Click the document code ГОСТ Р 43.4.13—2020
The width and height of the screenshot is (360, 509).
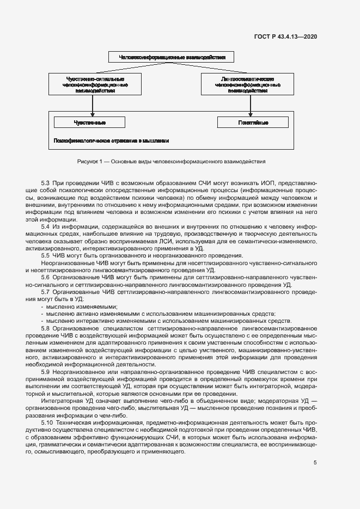click(285, 36)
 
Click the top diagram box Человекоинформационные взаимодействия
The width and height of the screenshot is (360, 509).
click(171, 56)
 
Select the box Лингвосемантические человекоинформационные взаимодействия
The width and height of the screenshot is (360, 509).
click(248, 85)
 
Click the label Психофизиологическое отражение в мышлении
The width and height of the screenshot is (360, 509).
click(111, 140)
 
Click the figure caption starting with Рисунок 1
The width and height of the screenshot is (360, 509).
click(172, 162)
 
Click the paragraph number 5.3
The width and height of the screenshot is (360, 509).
click(46, 183)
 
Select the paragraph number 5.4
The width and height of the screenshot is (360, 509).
click(46, 226)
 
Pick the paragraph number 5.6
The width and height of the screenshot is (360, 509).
click(46, 277)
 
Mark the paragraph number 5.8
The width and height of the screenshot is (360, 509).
click(46, 328)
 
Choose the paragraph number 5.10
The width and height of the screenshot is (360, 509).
click(47, 422)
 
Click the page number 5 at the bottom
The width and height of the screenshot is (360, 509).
click(315, 463)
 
